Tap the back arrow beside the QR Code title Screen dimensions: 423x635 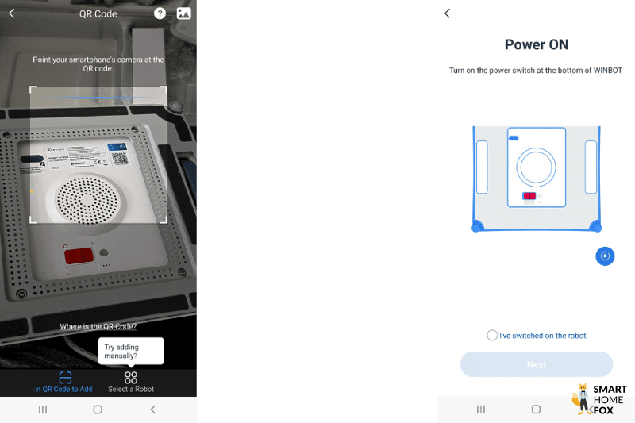tap(11, 13)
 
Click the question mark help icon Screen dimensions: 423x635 tap(160, 13)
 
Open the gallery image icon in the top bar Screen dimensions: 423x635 tap(183, 13)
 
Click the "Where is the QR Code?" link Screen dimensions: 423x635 tap(98, 326)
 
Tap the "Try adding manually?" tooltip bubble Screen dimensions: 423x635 tap(131, 350)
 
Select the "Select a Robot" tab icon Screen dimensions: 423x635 tap(131, 378)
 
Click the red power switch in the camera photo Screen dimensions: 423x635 tap(79, 256)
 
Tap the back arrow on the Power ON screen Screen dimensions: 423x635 tap(447, 13)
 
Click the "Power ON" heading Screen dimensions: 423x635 tap(537, 45)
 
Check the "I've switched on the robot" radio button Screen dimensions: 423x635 tap(492, 336)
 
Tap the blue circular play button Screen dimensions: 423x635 tap(605, 256)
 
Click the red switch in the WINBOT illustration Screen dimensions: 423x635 tap(529, 196)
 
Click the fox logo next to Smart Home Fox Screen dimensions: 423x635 tap(581, 398)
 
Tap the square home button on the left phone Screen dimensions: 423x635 tap(98, 410)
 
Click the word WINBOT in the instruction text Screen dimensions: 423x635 tap(606, 71)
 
